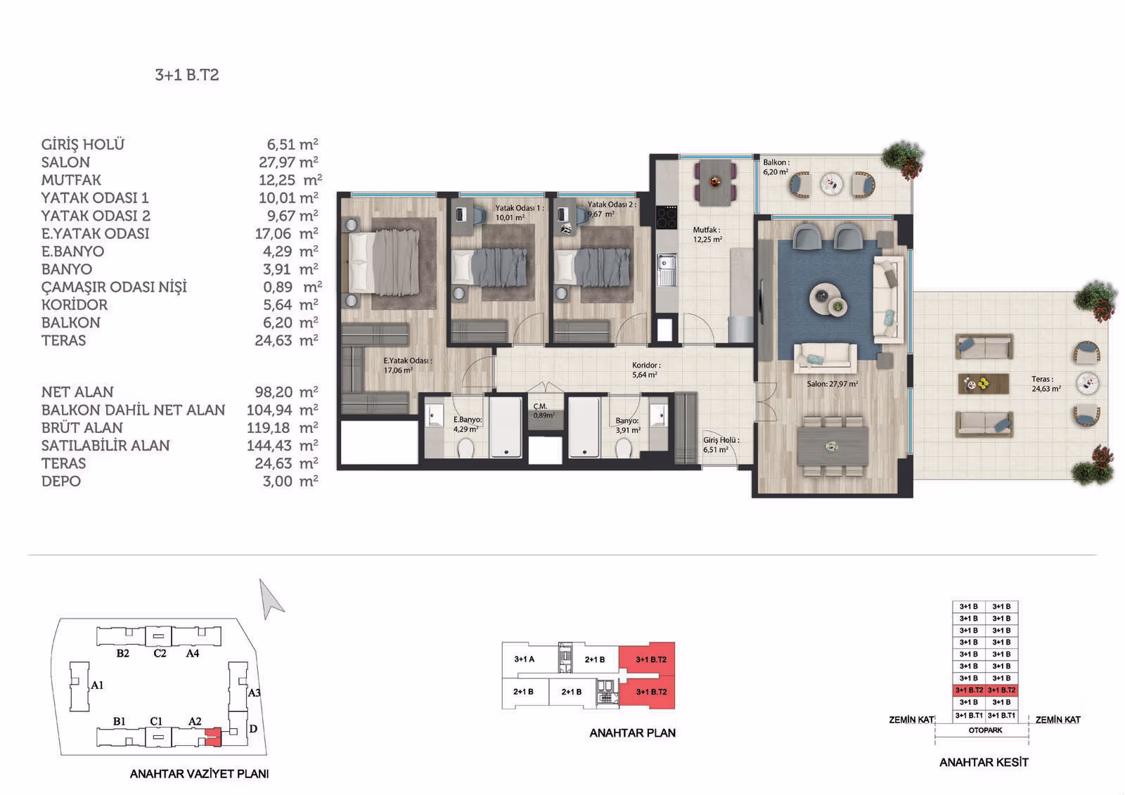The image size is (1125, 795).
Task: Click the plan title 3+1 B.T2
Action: click(x=187, y=75)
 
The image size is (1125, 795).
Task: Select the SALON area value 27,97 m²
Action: click(x=288, y=162)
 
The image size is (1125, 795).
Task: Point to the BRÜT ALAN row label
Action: click(x=82, y=427)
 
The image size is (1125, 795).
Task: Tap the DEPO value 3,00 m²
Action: click(x=290, y=481)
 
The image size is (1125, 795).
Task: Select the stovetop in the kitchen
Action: click(x=667, y=217)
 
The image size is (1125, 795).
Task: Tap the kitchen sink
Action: click(x=667, y=269)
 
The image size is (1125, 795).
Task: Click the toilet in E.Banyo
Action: click(x=465, y=448)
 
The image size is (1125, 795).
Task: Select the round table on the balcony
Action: click(x=832, y=183)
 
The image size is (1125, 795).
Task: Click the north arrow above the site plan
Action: click(x=270, y=598)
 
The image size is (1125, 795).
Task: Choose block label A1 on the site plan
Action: click(x=98, y=685)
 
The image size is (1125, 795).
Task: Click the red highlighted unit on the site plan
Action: click(x=214, y=736)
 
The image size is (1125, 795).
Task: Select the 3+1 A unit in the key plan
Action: click(x=525, y=659)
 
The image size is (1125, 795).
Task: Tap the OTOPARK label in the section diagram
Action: click(x=985, y=730)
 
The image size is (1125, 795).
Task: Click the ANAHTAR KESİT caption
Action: click(x=984, y=763)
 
